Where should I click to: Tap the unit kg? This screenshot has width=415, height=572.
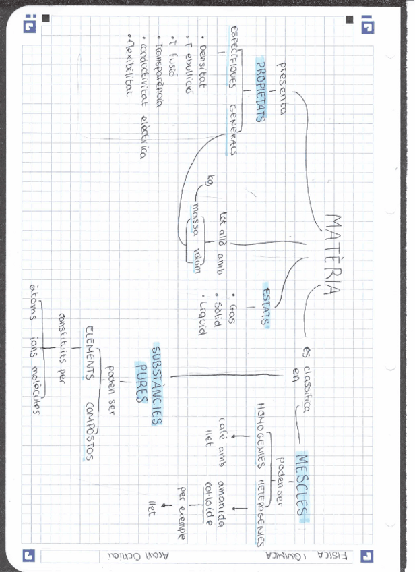(210, 180)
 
